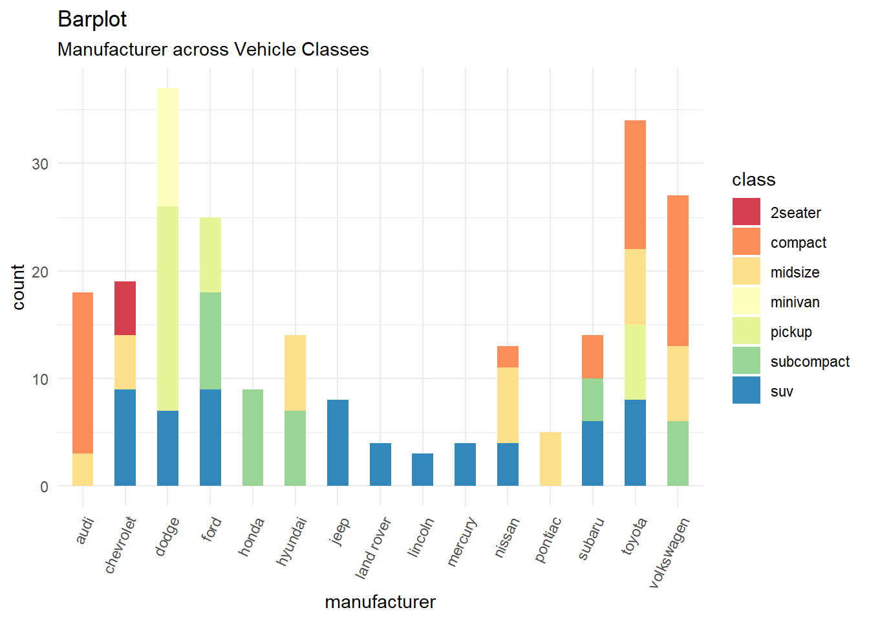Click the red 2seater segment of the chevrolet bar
tap(125, 308)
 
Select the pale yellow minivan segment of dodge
tap(167, 147)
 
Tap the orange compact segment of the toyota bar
tap(635, 184)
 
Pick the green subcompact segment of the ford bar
tap(210, 340)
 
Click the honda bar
tap(253, 437)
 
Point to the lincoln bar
tap(423, 470)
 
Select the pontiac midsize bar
tap(550, 459)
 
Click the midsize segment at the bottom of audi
tap(83, 470)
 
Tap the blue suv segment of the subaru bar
tap(592, 453)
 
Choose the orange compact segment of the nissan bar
tap(508, 356)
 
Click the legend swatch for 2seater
tap(746, 212)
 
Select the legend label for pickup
tap(791, 332)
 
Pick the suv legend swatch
tap(746, 391)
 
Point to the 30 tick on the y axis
tap(40, 164)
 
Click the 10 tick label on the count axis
tap(40, 380)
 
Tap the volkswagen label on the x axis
tap(669, 554)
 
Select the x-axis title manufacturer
tap(380, 602)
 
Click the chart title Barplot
tap(92, 19)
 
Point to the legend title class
tap(753, 180)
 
